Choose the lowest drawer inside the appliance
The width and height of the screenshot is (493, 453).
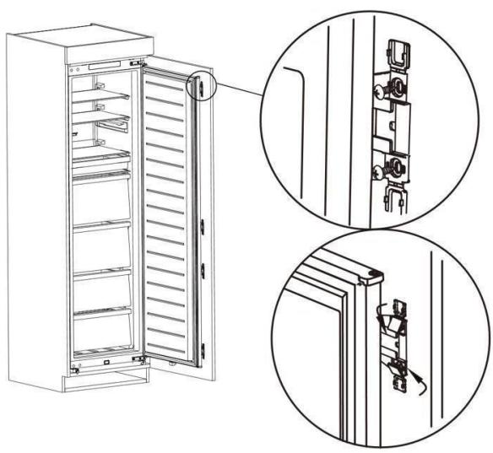(101, 333)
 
